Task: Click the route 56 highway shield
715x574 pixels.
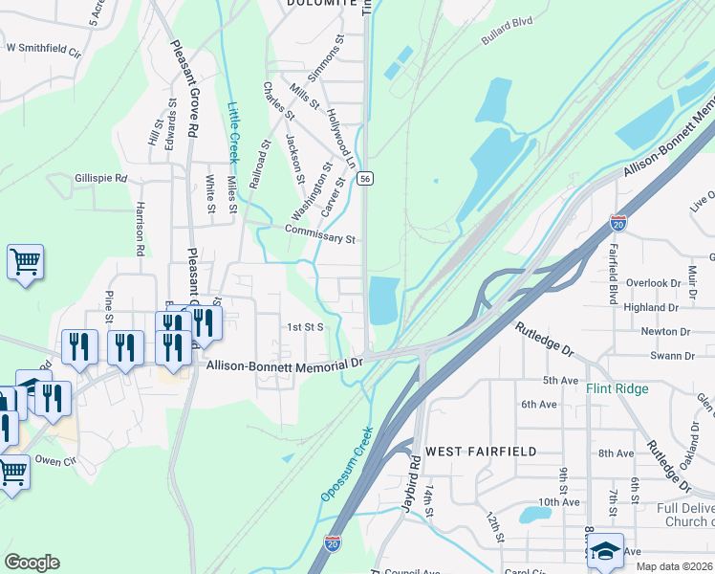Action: pyautogui.click(x=365, y=179)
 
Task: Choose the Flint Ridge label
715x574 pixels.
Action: pyautogui.click(x=617, y=388)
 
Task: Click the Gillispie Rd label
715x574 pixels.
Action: pyautogui.click(x=100, y=178)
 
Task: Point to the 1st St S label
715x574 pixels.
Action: pyautogui.click(x=308, y=326)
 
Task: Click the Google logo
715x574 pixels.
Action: pyautogui.click(x=32, y=562)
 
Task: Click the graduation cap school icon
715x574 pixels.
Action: pyautogui.click(x=604, y=552)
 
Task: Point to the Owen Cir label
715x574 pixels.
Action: pyautogui.click(x=55, y=459)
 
